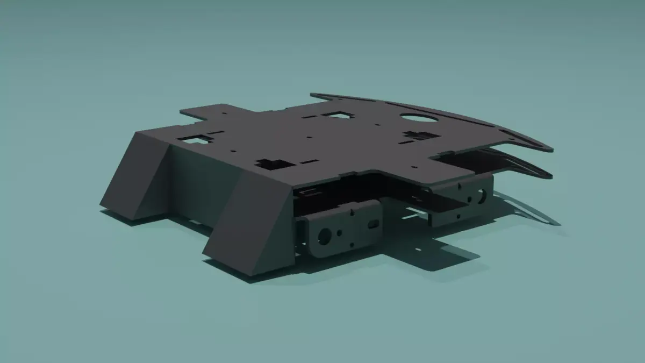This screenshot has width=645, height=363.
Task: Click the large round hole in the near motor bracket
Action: pyautogui.click(x=325, y=234)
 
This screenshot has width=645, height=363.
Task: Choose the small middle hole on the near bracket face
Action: pyautogui.click(x=340, y=232)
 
